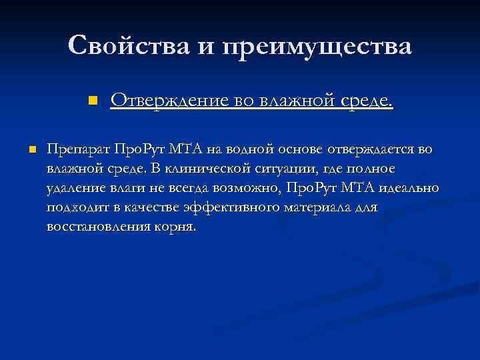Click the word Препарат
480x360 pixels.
coord(79,149)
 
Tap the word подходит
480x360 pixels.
coord(77,207)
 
